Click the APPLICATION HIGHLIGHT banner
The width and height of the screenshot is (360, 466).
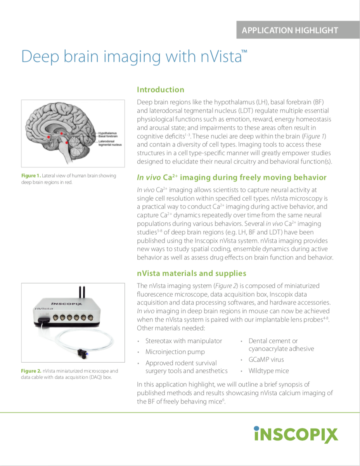click(x=290, y=30)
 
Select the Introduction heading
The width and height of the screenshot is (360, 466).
click(x=161, y=90)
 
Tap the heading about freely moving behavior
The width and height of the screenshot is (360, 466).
click(x=232, y=177)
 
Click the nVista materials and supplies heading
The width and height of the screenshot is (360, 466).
click(x=191, y=273)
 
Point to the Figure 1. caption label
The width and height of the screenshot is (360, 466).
click(x=31, y=176)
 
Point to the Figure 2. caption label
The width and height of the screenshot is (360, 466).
click(x=31, y=371)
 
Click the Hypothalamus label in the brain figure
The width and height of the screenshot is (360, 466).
click(x=107, y=133)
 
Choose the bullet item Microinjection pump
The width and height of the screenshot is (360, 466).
click(x=175, y=352)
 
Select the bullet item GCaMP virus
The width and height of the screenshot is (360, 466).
click(x=266, y=360)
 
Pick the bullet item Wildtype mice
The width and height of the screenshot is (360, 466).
click(x=268, y=371)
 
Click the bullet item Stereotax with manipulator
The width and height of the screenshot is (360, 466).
click(x=183, y=341)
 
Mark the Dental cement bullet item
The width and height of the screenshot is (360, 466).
click(x=273, y=341)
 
